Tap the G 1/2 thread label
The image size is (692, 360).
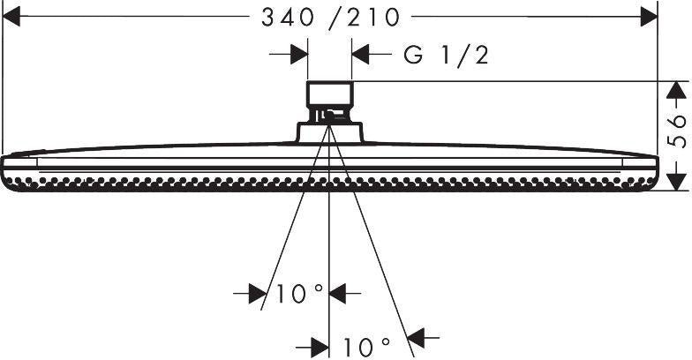446,56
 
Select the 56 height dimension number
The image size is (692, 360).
677,131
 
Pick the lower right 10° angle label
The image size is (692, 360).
367,347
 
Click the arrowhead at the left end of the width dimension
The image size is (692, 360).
11,17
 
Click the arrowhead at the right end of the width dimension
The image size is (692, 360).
650,17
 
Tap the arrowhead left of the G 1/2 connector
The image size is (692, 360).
299,55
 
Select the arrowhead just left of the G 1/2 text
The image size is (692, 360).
360,55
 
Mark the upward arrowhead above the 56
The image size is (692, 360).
676,90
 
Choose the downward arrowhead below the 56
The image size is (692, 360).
676,182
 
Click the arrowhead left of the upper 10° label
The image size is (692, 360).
258,293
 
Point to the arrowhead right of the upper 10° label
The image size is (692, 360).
337,293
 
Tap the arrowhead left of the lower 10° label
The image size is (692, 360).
320,348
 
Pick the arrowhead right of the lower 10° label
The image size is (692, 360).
416,338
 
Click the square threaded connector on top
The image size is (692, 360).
330,94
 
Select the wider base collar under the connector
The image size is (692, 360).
330,132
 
